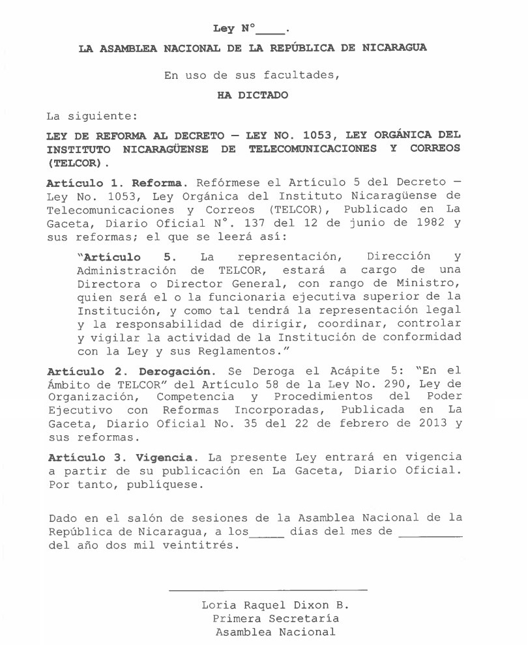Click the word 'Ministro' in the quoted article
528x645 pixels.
430,283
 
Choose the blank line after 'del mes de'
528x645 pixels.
430,535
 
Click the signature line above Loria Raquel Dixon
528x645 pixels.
268,590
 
